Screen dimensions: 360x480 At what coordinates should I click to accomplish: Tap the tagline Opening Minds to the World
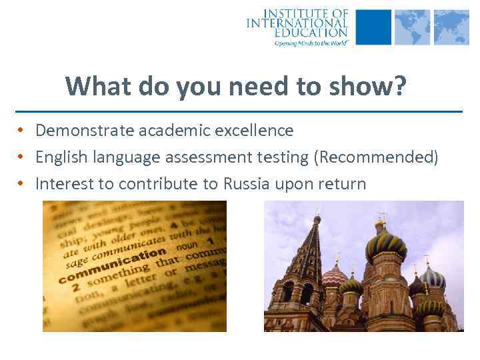[311, 42]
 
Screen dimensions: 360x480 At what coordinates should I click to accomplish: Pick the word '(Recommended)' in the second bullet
[377, 157]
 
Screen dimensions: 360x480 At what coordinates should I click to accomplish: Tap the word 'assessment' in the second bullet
[219, 157]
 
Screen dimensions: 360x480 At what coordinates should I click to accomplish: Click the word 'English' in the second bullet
[63, 157]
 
